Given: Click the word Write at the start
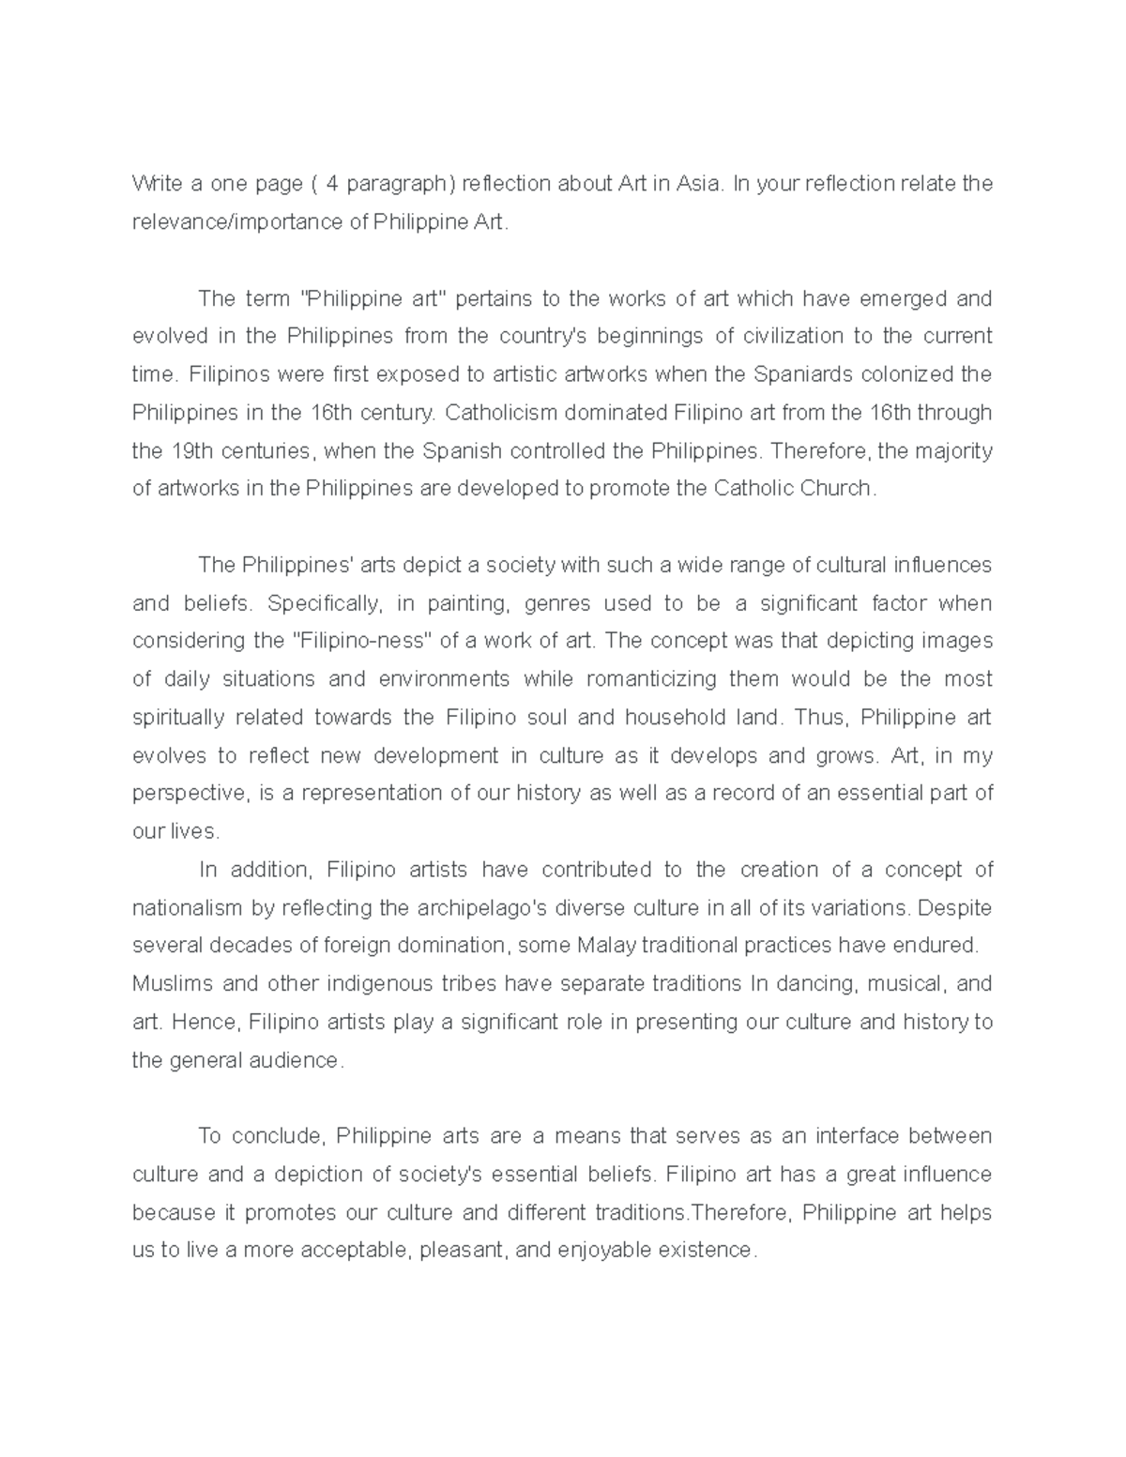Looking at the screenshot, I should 153,184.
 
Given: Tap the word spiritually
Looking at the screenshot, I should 178,718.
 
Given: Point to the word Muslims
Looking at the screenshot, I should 170,984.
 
